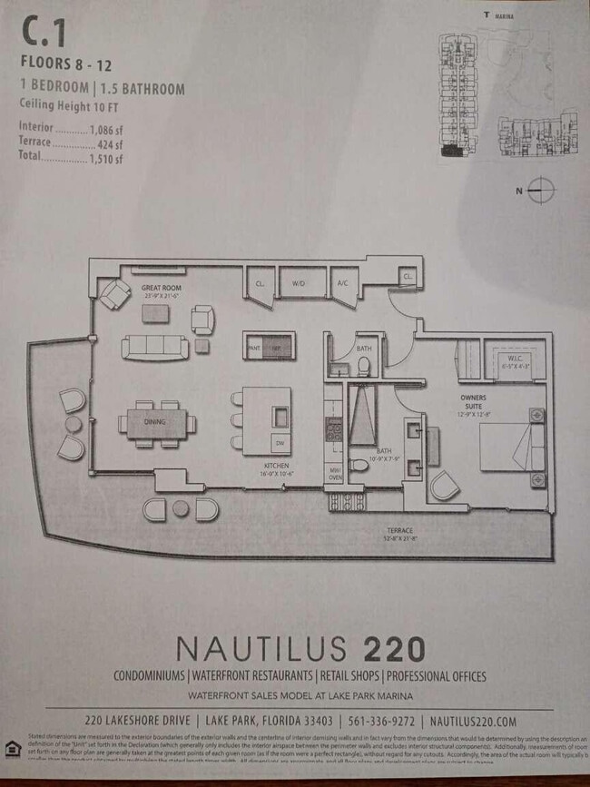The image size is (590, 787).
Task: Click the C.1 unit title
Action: click(43, 34)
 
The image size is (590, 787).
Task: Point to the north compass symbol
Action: click(541, 191)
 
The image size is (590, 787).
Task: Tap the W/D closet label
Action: click(299, 283)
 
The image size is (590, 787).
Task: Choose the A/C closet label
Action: click(342, 283)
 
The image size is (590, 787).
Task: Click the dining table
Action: click(157, 422)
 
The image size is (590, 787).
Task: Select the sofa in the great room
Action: click(155, 347)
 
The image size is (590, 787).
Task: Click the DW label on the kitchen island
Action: click(280, 443)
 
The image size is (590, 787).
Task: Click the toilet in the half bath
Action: click(364, 365)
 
